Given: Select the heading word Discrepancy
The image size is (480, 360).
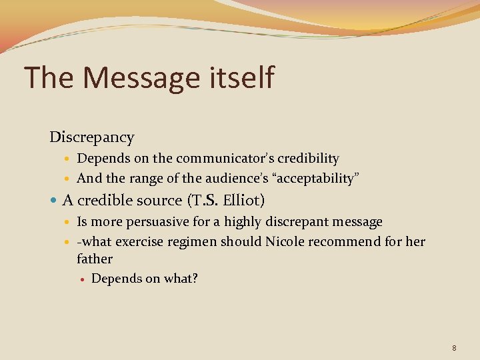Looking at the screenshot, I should [x=92, y=138].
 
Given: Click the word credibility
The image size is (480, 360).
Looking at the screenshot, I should [x=309, y=159].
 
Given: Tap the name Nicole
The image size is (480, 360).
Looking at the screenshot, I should [x=285, y=241].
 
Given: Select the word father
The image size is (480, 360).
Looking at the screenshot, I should [x=95, y=259].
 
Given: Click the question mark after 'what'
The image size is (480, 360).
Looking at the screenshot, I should [x=195, y=278].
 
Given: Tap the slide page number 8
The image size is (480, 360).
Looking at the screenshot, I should [x=454, y=348].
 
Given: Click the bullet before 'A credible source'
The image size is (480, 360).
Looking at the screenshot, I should [x=54, y=201].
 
